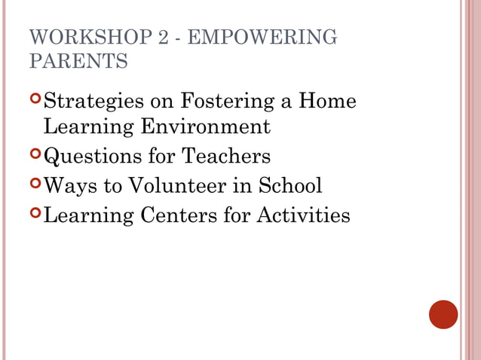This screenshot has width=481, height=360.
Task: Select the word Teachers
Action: pyautogui.click(x=226, y=157)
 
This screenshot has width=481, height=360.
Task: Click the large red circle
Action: pyautogui.click(x=443, y=314)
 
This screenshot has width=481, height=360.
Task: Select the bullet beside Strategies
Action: pyautogui.click(x=36, y=99)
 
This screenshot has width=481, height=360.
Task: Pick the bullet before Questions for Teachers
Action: pyautogui.click(x=36, y=154)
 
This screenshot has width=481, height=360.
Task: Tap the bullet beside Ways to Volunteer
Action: pyautogui.click(x=36, y=183)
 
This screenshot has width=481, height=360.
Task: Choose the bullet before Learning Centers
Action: pyautogui.click(x=36, y=213)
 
